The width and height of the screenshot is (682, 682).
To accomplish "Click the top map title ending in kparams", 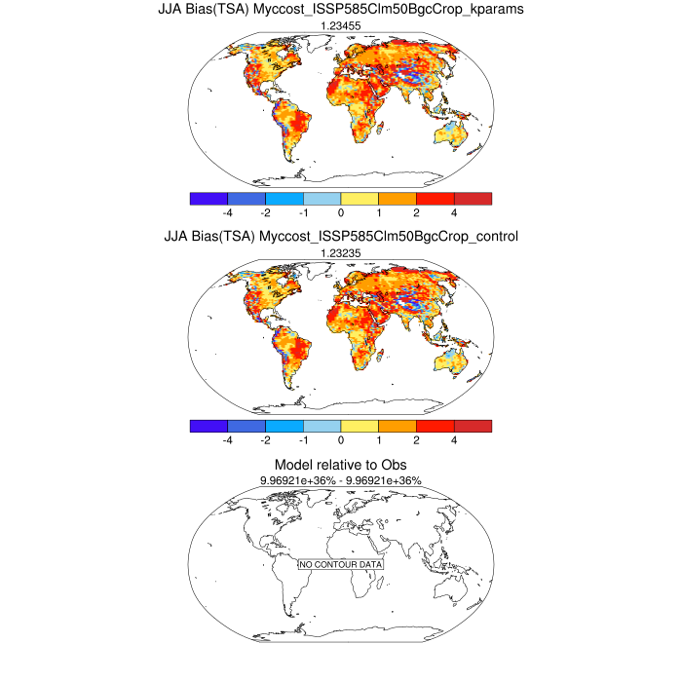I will [x=340, y=11].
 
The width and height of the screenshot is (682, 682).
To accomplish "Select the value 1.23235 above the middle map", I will [x=340, y=254].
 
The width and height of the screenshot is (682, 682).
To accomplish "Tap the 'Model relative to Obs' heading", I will [x=340, y=466].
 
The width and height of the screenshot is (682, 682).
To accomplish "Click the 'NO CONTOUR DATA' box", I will [x=340, y=564].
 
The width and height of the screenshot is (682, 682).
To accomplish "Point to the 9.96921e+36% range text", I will [x=340, y=481].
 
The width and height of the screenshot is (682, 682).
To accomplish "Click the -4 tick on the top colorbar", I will [x=227, y=211].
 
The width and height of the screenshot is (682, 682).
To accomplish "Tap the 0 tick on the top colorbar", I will [x=340, y=211].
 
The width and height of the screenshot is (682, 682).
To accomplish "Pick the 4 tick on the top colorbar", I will [x=454, y=211].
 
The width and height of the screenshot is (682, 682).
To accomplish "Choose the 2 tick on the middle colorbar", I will [x=416, y=440].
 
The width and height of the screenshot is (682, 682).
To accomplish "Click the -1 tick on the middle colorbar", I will [x=303, y=440].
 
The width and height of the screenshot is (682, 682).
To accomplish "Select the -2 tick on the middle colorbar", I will [x=265, y=440].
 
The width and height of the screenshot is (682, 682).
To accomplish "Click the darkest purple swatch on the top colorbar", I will [x=208, y=198].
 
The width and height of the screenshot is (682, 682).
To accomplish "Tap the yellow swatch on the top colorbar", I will [x=360, y=198].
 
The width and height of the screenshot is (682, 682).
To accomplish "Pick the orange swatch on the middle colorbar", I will [x=398, y=426].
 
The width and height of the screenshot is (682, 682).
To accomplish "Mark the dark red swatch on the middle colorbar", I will [x=473, y=426].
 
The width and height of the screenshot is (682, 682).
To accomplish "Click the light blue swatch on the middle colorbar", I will [x=322, y=426].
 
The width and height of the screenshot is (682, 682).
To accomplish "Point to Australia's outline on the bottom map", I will [x=454, y=592].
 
